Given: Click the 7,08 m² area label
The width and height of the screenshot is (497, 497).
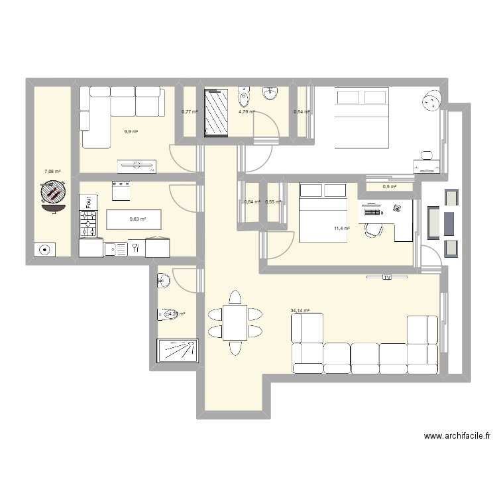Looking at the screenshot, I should [52, 172].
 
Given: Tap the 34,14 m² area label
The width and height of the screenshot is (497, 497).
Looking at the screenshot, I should [300, 310].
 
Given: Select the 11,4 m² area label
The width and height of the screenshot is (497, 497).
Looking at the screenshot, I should [342, 229].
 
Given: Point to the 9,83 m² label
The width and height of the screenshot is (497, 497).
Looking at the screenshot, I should [137, 219].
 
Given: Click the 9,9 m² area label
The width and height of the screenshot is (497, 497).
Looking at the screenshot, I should [131, 132].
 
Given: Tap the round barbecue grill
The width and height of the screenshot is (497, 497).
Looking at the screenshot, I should [52, 194].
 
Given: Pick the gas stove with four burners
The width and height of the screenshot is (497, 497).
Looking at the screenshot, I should [87, 223].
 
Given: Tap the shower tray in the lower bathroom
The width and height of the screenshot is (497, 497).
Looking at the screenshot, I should [177, 351].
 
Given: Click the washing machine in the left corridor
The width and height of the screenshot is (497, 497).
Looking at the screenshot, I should [44, 250].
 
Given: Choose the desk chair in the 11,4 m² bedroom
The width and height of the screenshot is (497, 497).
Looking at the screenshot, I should [374, 230].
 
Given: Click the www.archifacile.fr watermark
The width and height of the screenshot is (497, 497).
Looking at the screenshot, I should [457, 436].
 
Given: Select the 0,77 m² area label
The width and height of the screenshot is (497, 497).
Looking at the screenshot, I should [190, 111].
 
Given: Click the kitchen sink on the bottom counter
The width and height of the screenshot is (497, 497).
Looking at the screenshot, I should [119, 248].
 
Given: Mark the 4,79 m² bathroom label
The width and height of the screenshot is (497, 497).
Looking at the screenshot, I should [247, 111].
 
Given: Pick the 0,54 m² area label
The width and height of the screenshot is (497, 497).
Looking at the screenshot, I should [302, 111].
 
